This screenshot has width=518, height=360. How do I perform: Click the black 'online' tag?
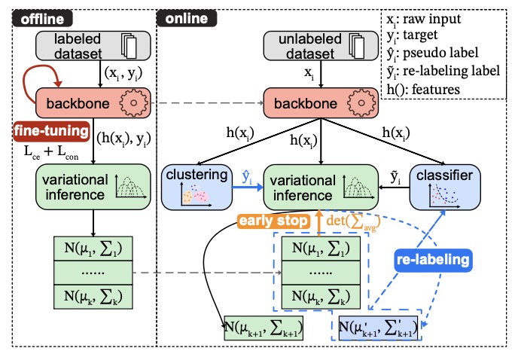pyautogui.click(x=185, y=17)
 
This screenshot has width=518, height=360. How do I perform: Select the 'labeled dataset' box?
pyautogui.click(x=82, y=48)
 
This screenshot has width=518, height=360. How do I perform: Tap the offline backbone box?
pyautogui.click(x=82, y=100)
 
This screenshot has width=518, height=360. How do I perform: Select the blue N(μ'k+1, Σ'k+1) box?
pyautogui.click(x=377, y=328)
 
